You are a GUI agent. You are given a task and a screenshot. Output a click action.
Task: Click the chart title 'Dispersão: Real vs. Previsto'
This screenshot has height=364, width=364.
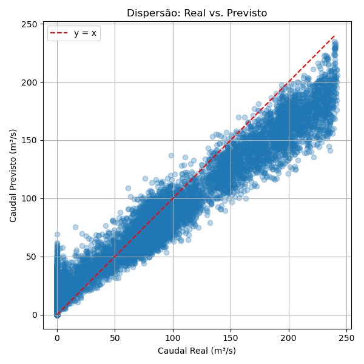coord(197,13)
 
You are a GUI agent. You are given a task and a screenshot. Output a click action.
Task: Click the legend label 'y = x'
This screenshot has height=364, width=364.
coord(85,33)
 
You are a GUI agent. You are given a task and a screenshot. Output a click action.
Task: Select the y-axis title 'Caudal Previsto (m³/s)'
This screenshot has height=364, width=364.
coord(13,175)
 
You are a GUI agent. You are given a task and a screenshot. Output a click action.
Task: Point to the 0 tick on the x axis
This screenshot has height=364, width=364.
coord(57,337)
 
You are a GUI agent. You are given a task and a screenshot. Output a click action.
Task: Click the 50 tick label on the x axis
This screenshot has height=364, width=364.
coord(115,337)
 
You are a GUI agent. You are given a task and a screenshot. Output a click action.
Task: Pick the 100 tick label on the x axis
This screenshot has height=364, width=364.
coord(173,337)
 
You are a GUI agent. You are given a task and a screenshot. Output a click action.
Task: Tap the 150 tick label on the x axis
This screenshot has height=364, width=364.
coord(231,337)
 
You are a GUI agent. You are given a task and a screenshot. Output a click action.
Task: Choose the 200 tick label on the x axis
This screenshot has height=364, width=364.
coord(289,337)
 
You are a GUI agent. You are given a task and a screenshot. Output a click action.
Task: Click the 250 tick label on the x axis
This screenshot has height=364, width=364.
coord(346,337)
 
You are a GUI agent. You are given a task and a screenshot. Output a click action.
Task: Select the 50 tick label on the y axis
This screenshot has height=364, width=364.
coord(33,257)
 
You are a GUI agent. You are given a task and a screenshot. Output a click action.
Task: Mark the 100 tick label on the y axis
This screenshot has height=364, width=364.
coord(30,198)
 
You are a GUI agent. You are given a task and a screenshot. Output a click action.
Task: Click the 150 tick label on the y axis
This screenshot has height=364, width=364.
coord(30,140)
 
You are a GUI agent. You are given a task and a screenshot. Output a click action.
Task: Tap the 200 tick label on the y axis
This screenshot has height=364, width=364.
coord(30,82)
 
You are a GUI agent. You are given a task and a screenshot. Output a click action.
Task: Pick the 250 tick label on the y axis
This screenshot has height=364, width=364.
coord(30,24)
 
